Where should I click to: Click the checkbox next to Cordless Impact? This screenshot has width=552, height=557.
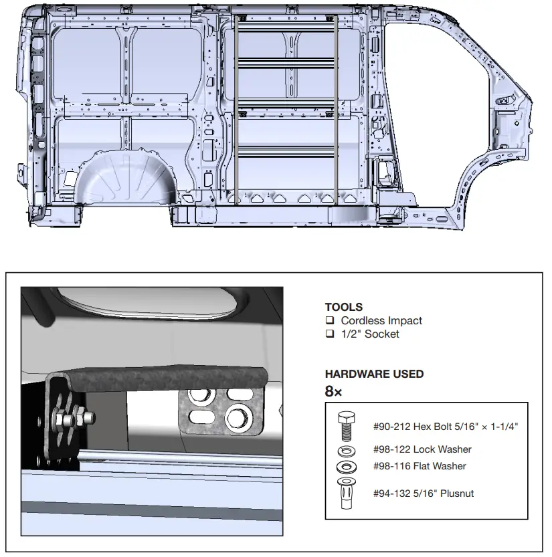[x=330, y=320]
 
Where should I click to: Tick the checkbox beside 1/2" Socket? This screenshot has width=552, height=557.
[x=330, y=334]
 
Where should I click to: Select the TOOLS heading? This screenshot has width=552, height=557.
[x=344, y=307]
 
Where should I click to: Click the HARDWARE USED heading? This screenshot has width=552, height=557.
[x=374, y=374]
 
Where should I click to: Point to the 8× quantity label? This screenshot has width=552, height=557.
[x=333, y=391]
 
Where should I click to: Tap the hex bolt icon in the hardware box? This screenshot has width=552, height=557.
[x=347, y=427]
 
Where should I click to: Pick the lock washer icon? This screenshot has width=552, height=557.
[x=347, y=451]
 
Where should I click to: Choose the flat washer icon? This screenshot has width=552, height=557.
[x=347, y=467]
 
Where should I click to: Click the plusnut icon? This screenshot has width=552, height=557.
[x=346, y=493]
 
